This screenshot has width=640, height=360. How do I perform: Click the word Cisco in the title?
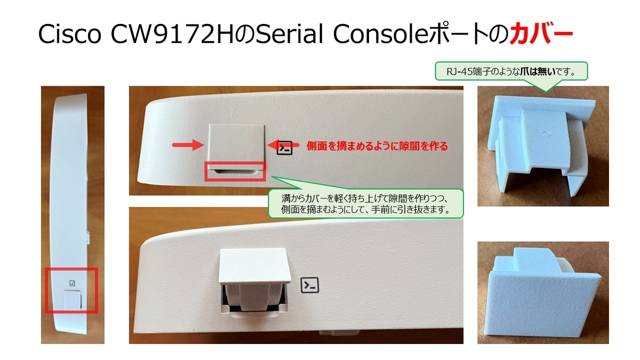(x=70, y=34)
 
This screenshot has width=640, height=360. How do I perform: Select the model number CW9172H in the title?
(x=172, y=34)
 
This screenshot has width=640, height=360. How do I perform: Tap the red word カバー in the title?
(x=541, y=34)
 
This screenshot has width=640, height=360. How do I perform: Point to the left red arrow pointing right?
(x=188, y=145)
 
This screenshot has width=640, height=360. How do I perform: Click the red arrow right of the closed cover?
(x=283, y=145)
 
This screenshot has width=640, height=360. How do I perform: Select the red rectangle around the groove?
(x=235, y=171)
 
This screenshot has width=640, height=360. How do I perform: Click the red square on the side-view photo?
(x=71, y=290)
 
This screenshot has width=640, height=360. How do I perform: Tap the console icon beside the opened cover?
(x=310, y=285)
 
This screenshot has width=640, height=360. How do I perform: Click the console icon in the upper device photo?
(x=285, y=148)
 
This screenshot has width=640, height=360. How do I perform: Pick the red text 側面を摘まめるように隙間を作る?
(x=377, y=146)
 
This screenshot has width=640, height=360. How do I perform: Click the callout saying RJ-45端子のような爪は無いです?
(x=511, y=71)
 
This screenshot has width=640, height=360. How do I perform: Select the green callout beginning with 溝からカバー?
(x=366, y=204)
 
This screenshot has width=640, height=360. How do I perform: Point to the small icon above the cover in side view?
(x=73, y=283)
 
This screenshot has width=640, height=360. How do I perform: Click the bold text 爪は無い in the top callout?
(x=538, y=71)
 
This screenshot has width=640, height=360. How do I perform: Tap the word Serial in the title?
(x=290, y=34)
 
